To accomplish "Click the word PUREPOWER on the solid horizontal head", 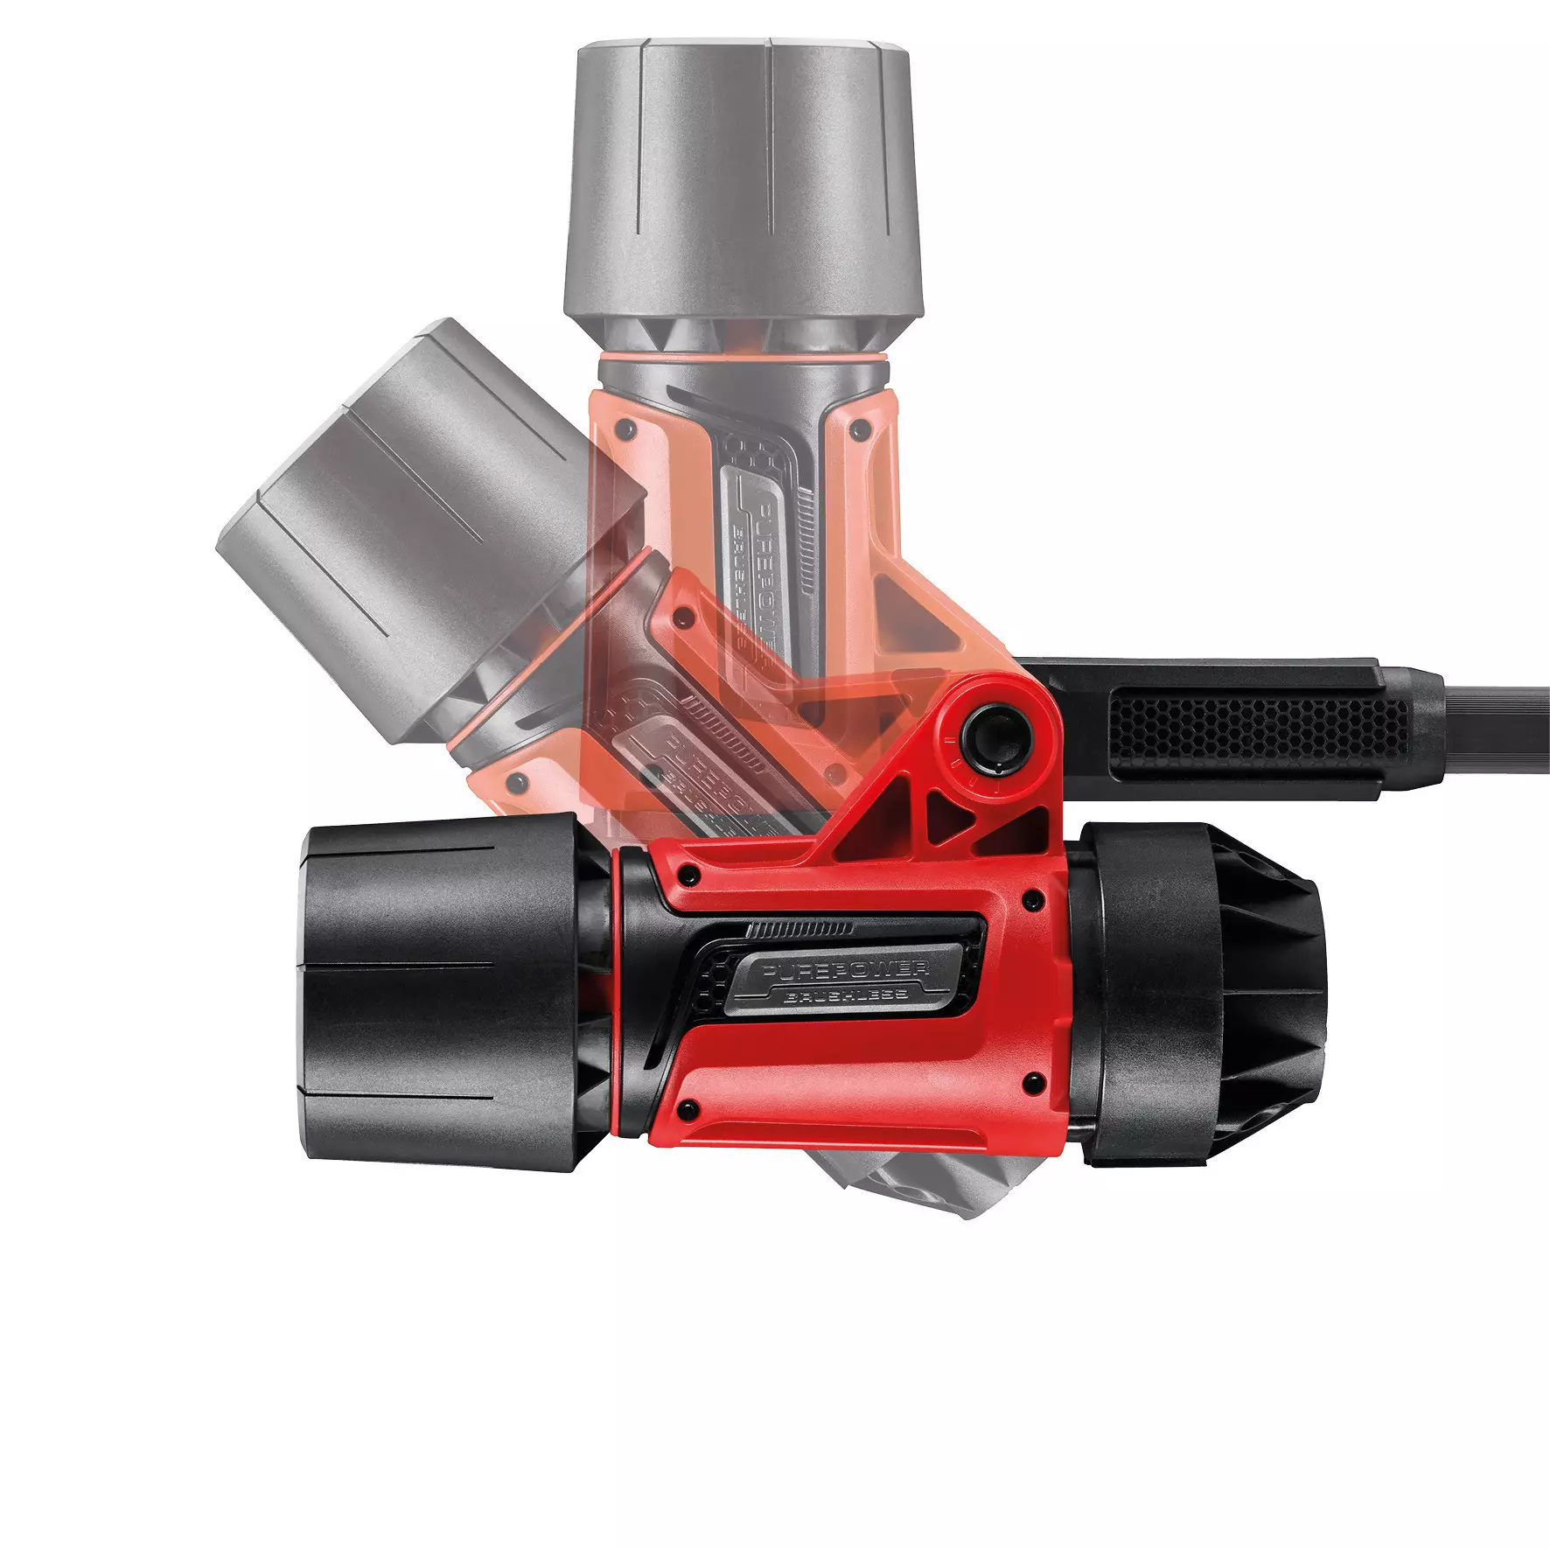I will [x=845, y=969].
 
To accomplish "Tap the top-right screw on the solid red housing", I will [x=1035, y=898].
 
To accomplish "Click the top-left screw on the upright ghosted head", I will [x=625, y=429].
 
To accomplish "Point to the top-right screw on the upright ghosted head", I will [x=860, y=429].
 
